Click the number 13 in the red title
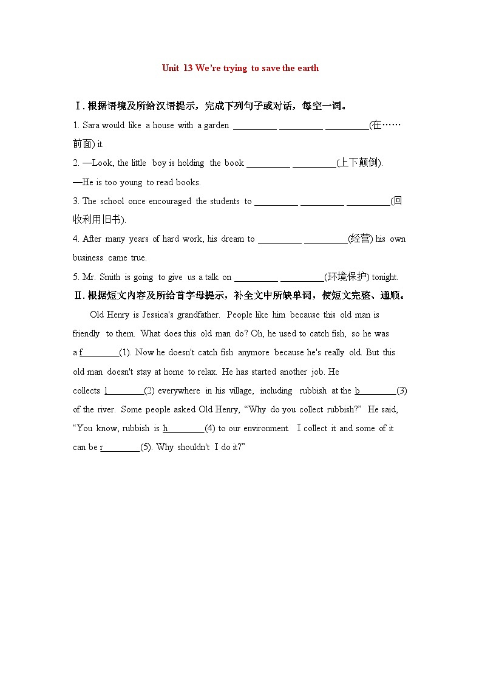(188, 68)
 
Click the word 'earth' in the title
(308, 68)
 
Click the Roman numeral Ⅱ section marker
(78, 296)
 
